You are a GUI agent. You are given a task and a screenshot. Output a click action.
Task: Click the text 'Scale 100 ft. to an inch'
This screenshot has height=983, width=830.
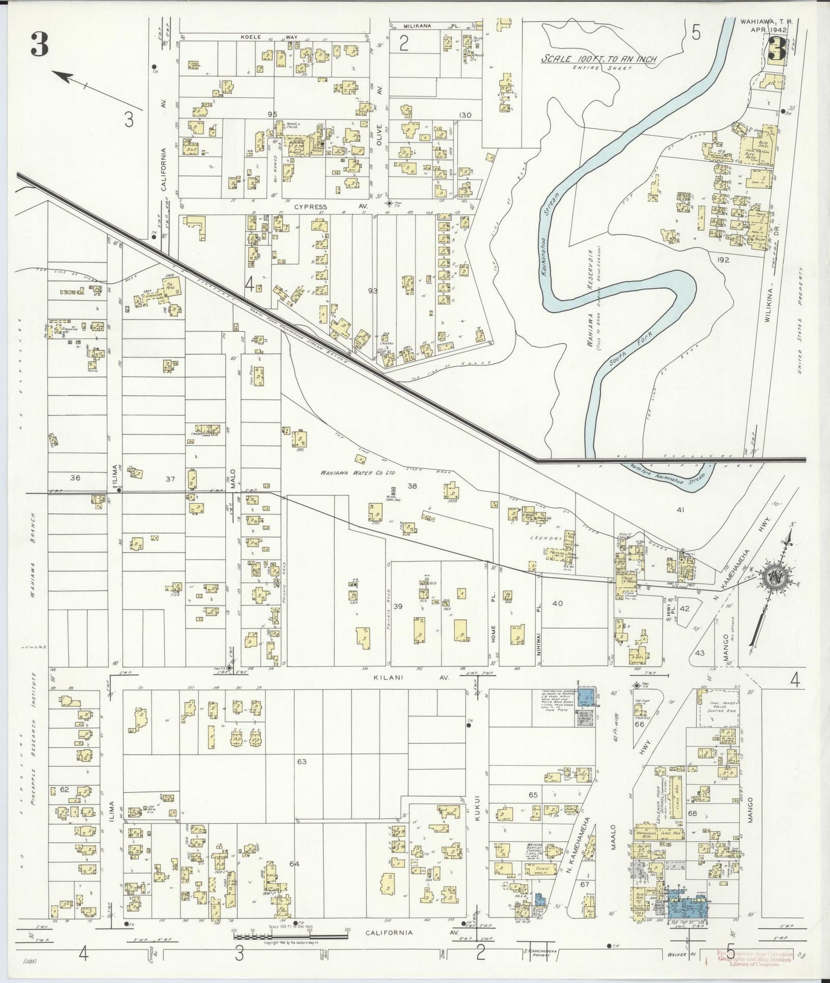tap(600, 59)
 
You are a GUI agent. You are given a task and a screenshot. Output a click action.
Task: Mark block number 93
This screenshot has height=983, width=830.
tap(373, 291)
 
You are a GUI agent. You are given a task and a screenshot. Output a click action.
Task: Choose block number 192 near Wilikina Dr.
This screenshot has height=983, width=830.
tap(723, 260)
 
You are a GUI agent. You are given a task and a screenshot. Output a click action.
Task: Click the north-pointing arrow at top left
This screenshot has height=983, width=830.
tap(72, 78)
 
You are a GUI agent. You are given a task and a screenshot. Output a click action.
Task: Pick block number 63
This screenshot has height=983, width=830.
tap(302, 762)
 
